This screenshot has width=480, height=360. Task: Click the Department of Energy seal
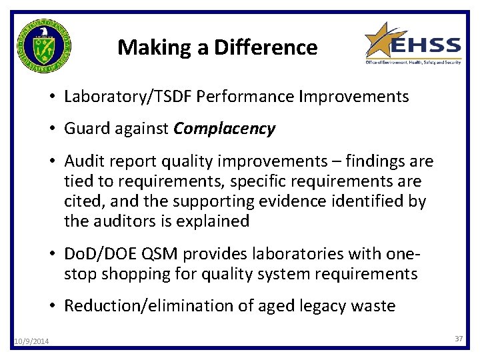tap(43, 45)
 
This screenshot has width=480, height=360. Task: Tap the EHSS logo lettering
tap(425, 45)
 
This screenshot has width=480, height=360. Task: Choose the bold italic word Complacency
tap(224, 129)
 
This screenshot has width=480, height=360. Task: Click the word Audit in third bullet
tap(83, 161)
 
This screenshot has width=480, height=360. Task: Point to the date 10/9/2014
tap(31, 342)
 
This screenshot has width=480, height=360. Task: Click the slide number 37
tap(459, 339)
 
